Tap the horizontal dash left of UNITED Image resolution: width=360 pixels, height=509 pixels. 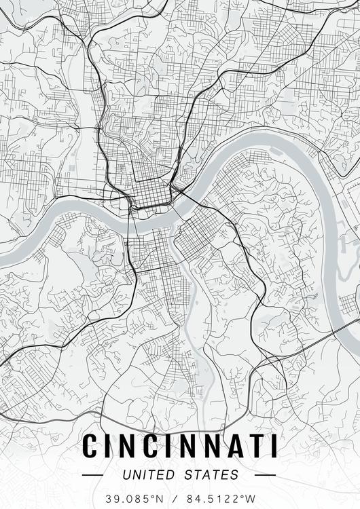[92, 475]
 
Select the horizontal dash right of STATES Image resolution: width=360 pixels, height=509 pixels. [264, 475]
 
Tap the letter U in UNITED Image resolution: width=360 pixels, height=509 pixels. [128, 474]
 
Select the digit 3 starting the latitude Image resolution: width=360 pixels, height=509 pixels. [108, 499]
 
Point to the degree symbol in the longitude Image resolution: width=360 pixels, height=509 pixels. [242, 496]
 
